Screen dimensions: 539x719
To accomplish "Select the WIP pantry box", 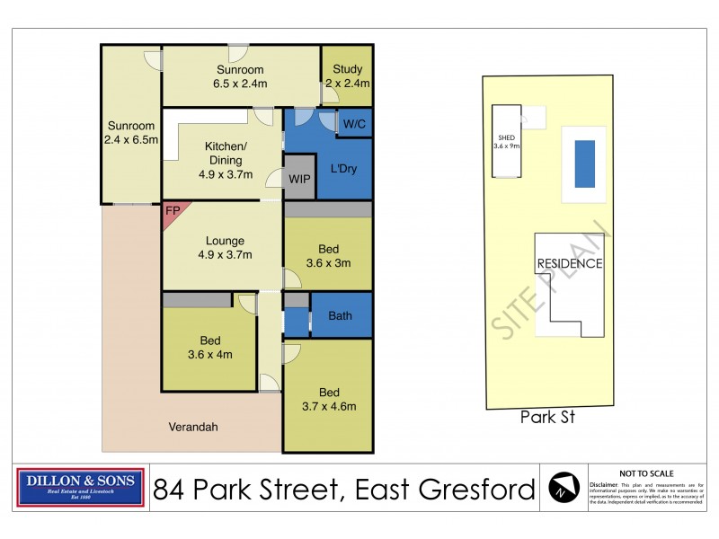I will pyautogui.click(x=299, y=179).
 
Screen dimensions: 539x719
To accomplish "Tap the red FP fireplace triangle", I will pyautogui.click(x=170, y=213).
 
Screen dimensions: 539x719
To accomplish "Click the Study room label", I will pyautogui.click(x=347, y=76).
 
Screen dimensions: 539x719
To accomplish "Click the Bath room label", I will pyautogui.click(x=340, y=315).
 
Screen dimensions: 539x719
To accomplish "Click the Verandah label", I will pyautogui.click(x=192, y=427).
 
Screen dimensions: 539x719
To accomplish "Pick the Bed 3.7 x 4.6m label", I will pyautogui.click(x=328, y=400).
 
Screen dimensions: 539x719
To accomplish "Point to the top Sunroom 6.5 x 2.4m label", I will pyautogui.click(x=240, y=76).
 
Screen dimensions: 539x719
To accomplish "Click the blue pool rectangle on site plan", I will pyautogui.click(x=584, y=163).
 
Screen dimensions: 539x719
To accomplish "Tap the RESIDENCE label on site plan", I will pyautogui.click(x=570, y=264).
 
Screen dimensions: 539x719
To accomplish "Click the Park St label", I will pyautogui.click(x=547, y=418).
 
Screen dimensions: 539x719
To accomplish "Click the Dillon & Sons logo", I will pyautogui.click(x=81, y=488).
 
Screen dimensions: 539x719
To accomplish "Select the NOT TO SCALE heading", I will pyautogui.click(x=647, y=473).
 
